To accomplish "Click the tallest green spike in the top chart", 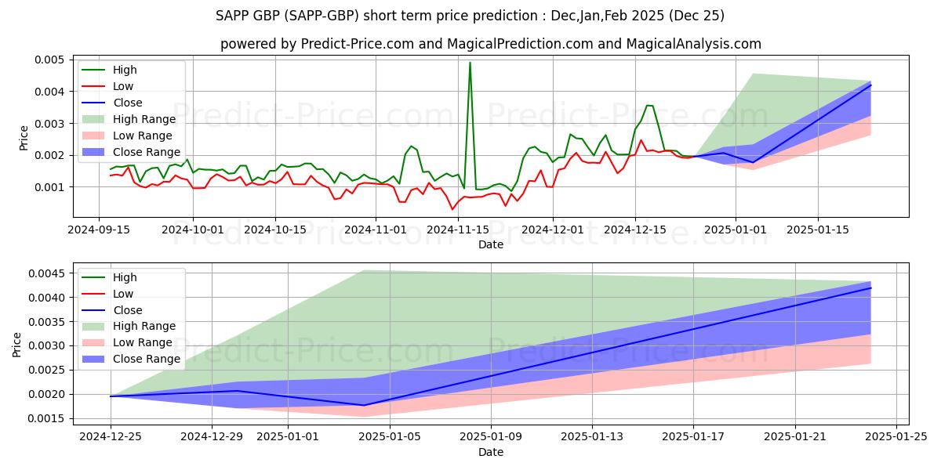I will click(470, 63).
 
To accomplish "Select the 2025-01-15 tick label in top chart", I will click(818, 230).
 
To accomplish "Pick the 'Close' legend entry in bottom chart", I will click(128, 310).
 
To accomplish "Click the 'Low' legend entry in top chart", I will click(123, 86).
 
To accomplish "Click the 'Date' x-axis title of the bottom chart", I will click(491, 452).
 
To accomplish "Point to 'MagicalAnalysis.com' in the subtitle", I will click(693, 44).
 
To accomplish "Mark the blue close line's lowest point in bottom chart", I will click(364, 405).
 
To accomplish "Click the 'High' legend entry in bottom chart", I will click(125, 277).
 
